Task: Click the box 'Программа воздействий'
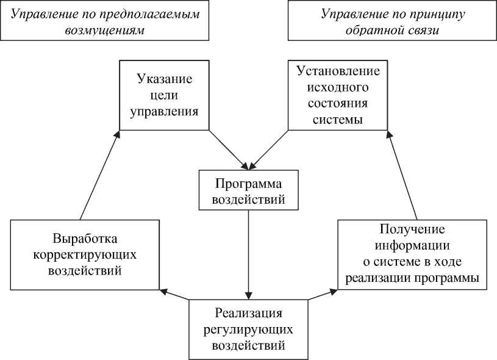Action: point(249,190)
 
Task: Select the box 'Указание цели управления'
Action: point(165,95)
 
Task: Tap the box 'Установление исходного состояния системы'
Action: point(338,95)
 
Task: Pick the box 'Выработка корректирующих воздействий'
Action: point(85,254)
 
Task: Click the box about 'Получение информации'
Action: point(412,254)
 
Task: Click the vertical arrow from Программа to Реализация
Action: point(249,253)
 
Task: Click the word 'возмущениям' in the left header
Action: point(105,30)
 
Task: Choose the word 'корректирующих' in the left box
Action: point(85,254)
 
